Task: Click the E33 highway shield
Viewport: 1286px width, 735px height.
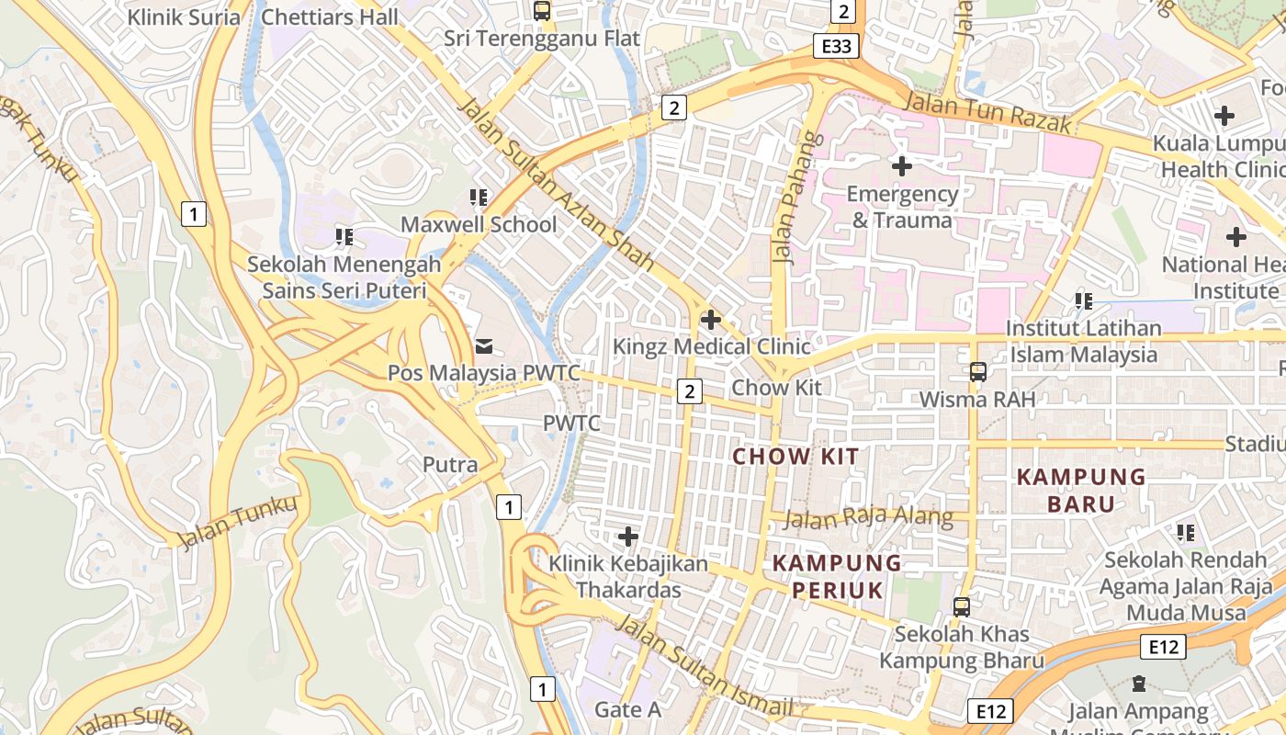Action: pyautogui.click(x=836, y=46)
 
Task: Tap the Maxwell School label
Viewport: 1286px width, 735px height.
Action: pyautogui.click(x=479, y=224)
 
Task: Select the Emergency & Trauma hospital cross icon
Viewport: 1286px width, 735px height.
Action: pyautogui.click(x=902, y=166)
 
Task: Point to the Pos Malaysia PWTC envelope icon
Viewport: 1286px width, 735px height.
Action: pyautogui.click(x=483, y=346)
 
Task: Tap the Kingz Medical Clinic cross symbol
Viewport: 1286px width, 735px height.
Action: pyautogui.click(x=710, y=320)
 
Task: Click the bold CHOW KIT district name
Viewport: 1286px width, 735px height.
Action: pyautogui.click(x=795, y=457)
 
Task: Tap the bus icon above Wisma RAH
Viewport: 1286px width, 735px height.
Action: pyautogui.click(x=978, y=372)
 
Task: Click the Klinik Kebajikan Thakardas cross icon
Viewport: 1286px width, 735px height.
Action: pyautogui.click(x=628, y=536)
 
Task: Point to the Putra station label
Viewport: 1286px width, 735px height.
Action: pyautogui.click(x=450, y=465)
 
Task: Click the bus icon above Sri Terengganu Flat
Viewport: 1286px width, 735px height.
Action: pyautogui.click(x=542, y=11)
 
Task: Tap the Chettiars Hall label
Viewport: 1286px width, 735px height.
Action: pyautogui.click(x=330, y=17)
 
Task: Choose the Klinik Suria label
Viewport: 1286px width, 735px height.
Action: pyautogui.click(x=184, y=17)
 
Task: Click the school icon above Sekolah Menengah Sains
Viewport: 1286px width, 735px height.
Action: pyautogui.click(x=344, y=237)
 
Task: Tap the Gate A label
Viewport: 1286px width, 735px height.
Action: pyautogui.click(x=627, y=709)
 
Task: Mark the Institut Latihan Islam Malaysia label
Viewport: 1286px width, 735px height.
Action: pyautogui.click(x=1084, y=341)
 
